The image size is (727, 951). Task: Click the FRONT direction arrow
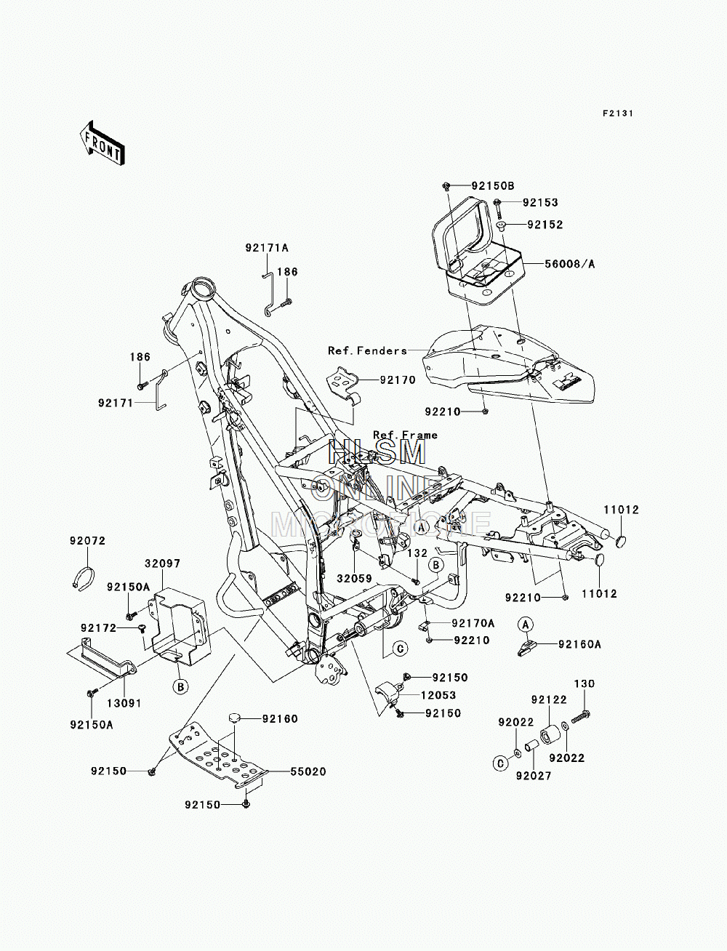tap(102, 143)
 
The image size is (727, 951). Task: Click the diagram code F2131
tap(618, 113)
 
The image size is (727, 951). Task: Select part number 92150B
tap(493, 186)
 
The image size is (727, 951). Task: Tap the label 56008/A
tap(569, 264)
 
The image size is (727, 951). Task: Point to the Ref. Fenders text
tap(367, 350)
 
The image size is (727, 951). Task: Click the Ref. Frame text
tap(405, 435)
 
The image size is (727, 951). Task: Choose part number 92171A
tap(267, 248)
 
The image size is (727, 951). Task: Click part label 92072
tap(87, 541)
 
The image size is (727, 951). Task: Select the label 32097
tap(162, 563)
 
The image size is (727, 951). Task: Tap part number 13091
tap(124, 703)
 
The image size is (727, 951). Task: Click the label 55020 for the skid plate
tap(308, 771)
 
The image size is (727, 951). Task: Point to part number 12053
tap(438, 695)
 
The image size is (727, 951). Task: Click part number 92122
tap(549, 699)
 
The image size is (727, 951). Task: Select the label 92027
tap(534, 776)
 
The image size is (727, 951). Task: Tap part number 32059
tap(355, 579)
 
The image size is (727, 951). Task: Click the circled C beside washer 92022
tap(501, 763)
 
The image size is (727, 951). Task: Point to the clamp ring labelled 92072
tap(83, 577)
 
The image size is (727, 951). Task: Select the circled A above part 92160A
tap(526, 625)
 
